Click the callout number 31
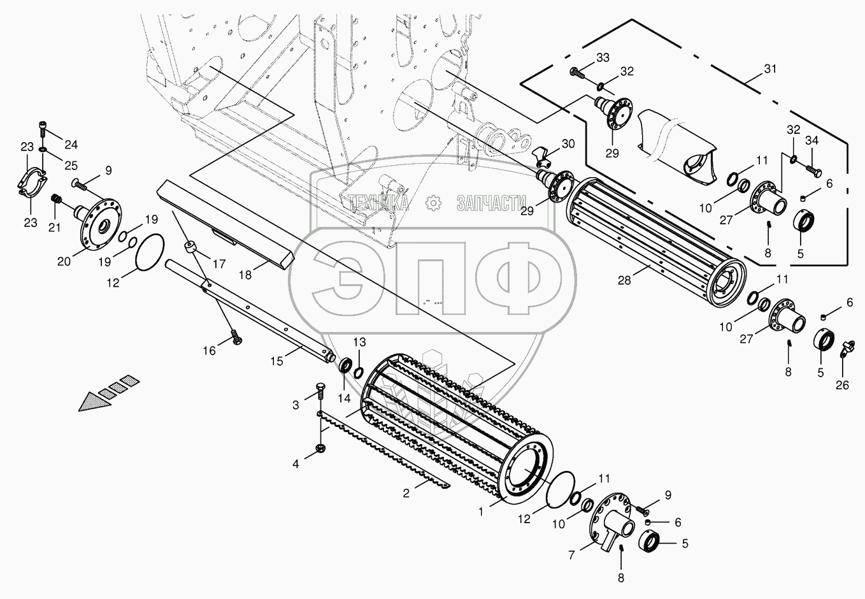[770, 69]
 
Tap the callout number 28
[624, 281]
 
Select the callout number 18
[245, 275]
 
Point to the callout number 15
[276, 361]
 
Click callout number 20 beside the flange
[64, 261]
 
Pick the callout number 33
[603, 57]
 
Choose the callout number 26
[842, 385]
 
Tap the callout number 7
[571, 555]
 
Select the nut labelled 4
[320, 448]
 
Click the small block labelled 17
[190, 247]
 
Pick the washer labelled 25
[42, 149]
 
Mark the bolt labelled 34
[814, 171]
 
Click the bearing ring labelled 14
[345, 365]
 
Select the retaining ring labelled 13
[359, 372]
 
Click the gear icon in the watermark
[433, 203]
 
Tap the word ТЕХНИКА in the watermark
[378, 203]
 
